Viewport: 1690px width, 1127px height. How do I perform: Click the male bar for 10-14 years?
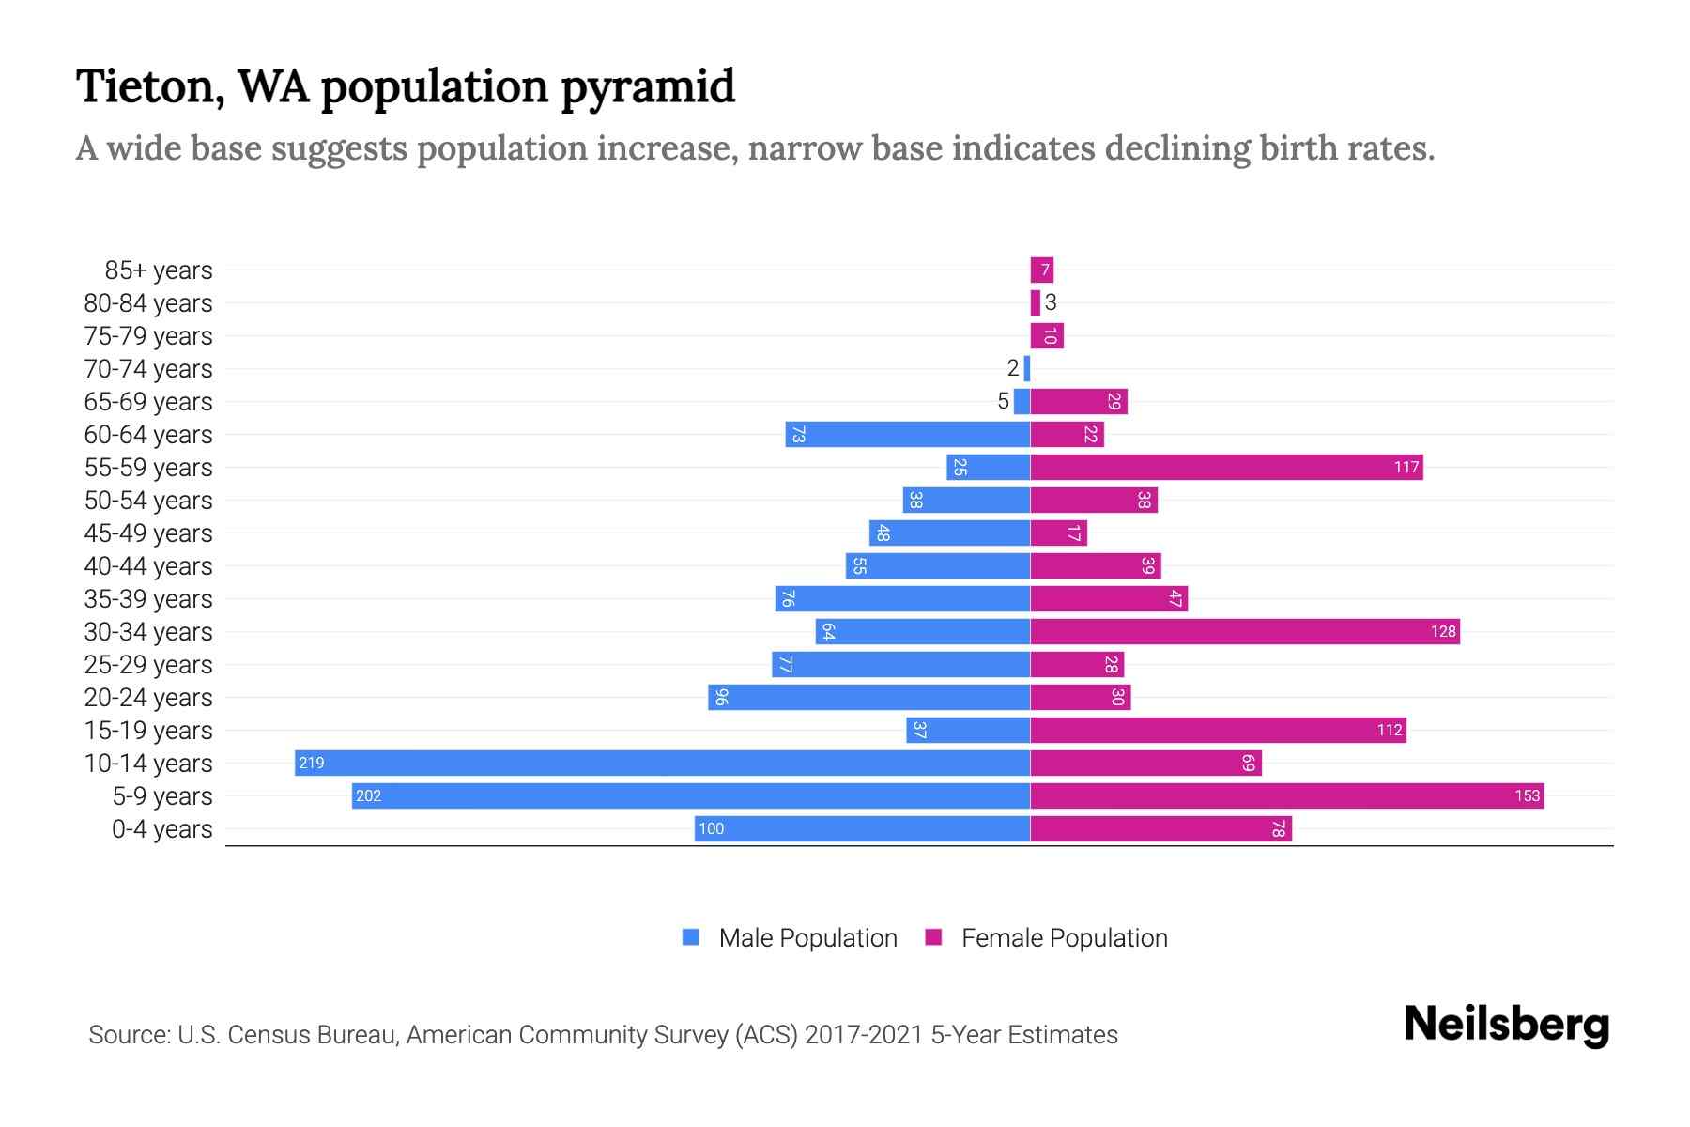click(662, 763)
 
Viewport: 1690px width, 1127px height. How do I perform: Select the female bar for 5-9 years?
click(1286, 795)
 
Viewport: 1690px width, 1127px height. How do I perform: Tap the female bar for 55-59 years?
click(1226, 467)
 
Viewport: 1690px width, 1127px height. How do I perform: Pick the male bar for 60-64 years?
click(907, 434)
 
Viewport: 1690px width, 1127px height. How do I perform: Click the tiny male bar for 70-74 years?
click(1027, 368)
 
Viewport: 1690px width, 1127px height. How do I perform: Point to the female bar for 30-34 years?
click(1244, 631)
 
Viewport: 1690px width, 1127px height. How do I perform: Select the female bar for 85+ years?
click(1041, 270)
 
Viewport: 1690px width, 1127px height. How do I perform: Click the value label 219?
click(311, 763)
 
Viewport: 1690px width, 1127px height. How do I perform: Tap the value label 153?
click(1527, 795)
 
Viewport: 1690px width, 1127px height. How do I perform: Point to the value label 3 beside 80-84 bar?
click(1051, 302)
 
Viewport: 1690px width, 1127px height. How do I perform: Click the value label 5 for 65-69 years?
click(1003, 401)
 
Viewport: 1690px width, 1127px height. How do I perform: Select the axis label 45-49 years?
click(148, 533)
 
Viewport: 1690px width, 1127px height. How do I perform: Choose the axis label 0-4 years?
click(161, 828)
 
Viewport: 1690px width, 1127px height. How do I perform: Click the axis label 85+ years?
click(158, 270)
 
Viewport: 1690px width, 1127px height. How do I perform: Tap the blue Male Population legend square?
click(691, 937)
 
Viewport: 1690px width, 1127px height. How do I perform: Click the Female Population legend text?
click(1064, 937)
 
